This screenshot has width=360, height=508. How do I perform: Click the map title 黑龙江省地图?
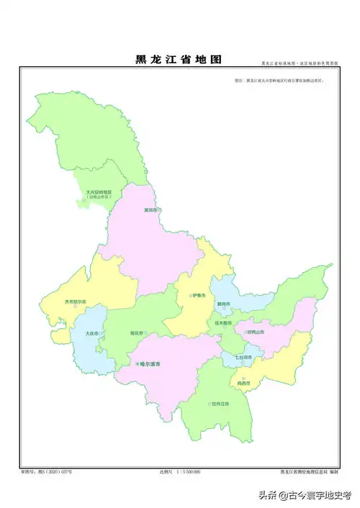pos(178,60)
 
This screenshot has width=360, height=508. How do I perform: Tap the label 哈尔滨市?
pos(149,365)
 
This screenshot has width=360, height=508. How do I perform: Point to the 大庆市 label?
pos(91,333)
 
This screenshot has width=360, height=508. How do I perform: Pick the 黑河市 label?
pos(151,210)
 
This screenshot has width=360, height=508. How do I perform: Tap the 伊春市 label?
pos(199,296)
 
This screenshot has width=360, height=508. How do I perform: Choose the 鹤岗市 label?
pos(224,304)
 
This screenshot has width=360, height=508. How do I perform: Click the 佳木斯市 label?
pos(224,323)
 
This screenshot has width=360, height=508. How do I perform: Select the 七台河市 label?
pos(243,357)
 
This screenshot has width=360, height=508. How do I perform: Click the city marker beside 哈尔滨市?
pos(137,365)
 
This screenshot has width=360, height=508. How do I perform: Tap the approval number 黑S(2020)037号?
pos(48,472)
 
